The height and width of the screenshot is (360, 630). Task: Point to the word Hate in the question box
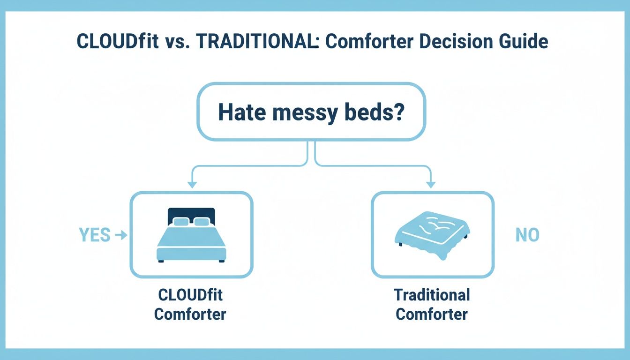[241, 114]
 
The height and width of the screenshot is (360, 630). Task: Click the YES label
[95, 235]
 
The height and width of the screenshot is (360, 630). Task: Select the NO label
[527, 235]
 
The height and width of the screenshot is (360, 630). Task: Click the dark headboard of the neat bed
[191, 213]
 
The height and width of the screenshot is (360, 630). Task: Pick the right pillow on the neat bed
[202, 222]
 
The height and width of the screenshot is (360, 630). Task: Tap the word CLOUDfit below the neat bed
[190, 296]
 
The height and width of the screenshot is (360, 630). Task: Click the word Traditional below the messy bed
[432, 295]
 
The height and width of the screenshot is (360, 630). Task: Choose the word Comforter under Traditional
[432, 314]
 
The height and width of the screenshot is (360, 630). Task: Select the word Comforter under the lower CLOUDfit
[190, 314]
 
